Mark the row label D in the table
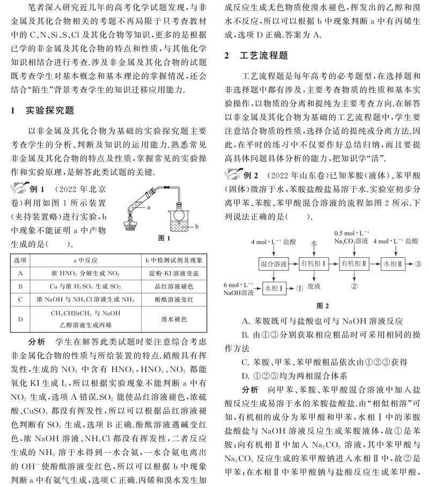[x=19, y=319]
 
